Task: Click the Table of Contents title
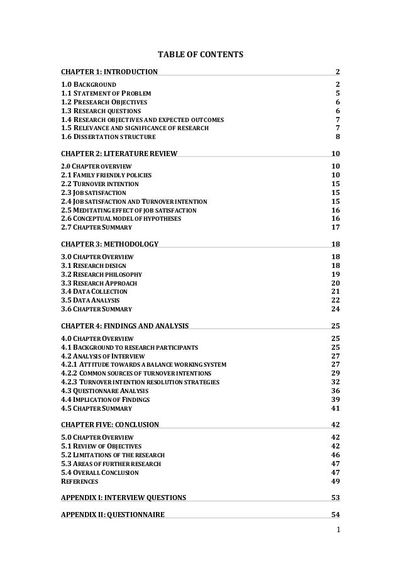[x=200, y=55]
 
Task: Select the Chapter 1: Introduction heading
[x=109, y=72]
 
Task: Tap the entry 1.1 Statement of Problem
[x=105, y=92]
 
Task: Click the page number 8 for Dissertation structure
[x=338, y=136]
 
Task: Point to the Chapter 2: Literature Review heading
[x=119, y=153]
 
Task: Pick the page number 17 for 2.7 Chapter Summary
[x=336, y=227]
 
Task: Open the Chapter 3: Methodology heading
[x=109, y=243]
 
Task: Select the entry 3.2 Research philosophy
[x=101, y=274]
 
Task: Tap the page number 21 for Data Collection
[x=336, y=291]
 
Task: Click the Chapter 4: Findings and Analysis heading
[x=124, y=325]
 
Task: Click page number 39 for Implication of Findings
[x=336, y=399]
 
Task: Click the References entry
[x=79, y=481]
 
